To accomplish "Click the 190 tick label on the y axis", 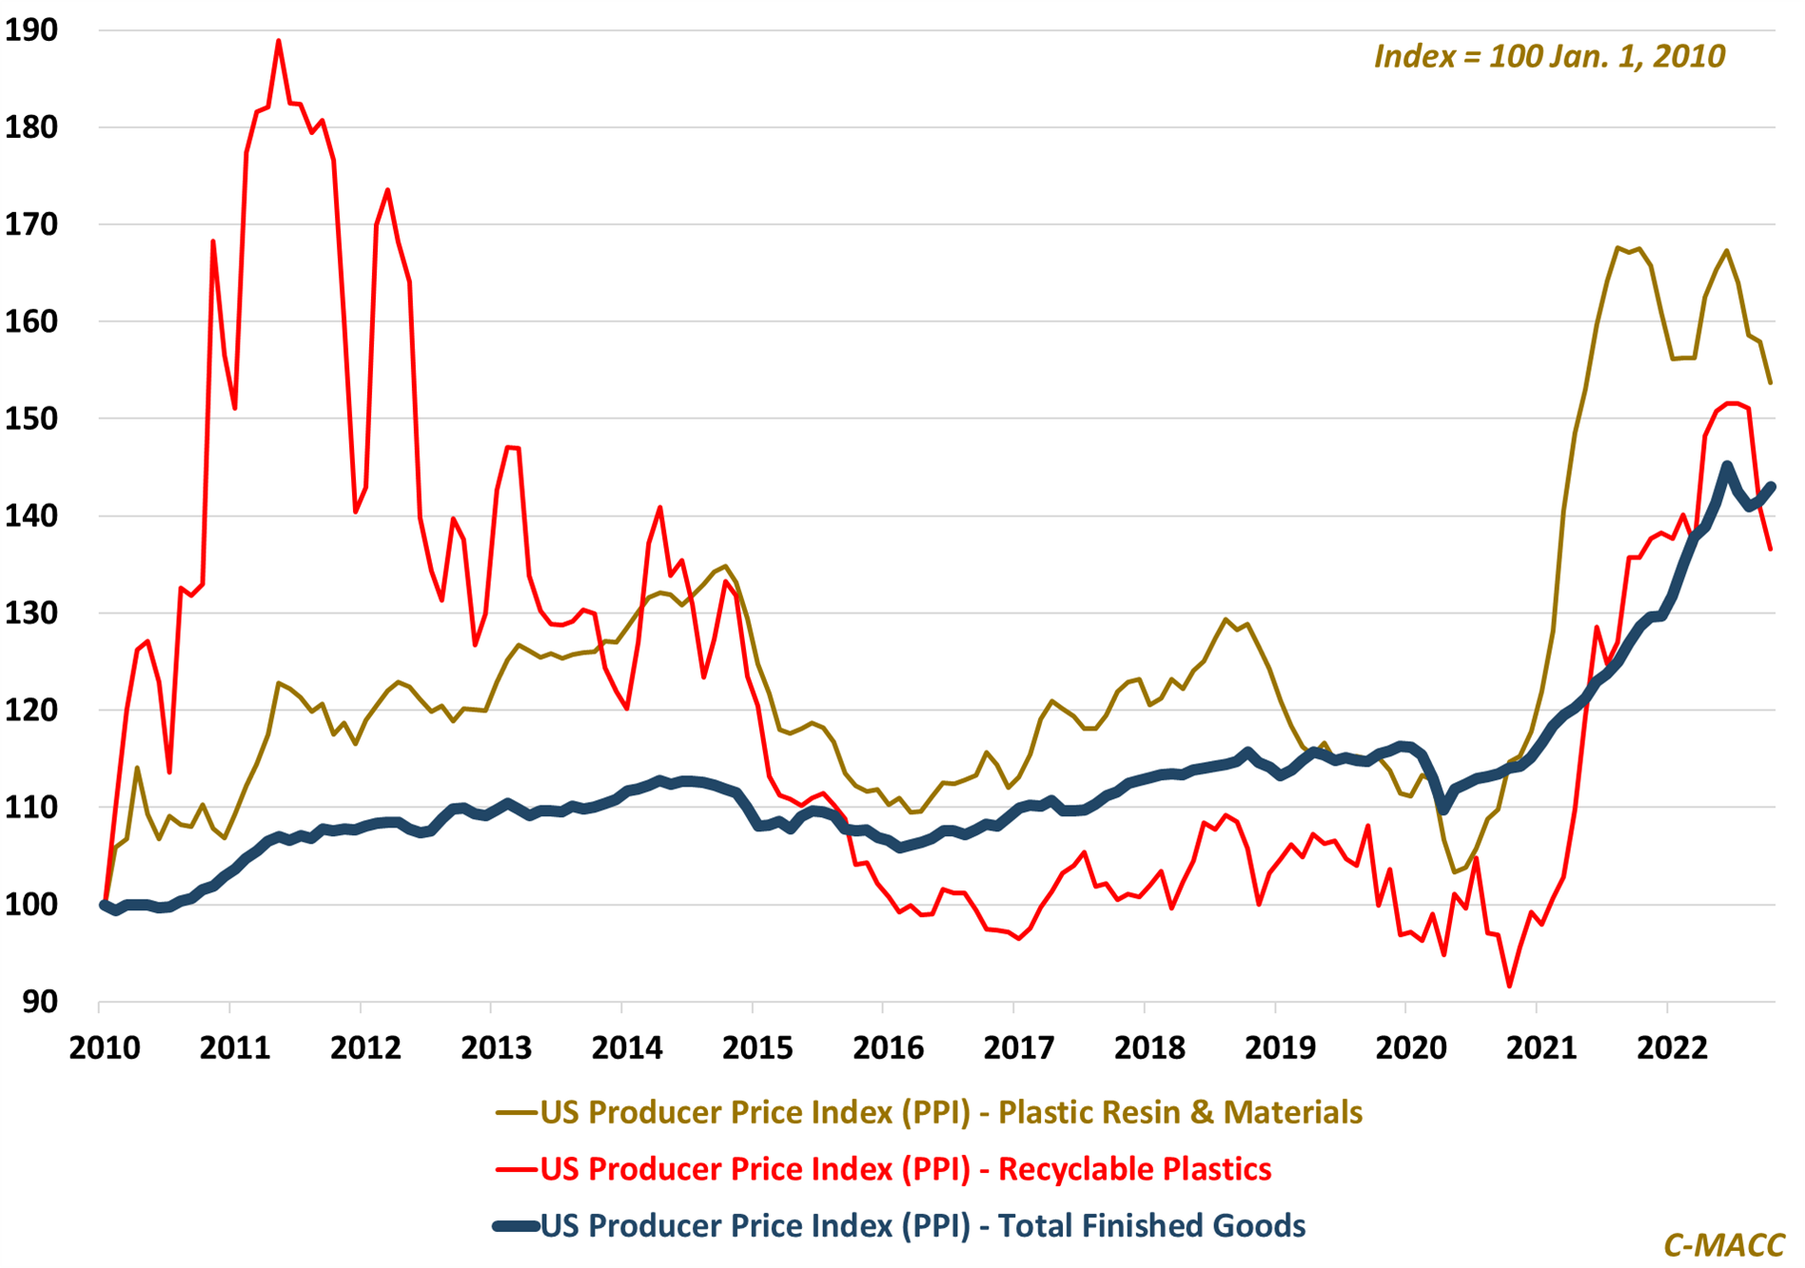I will click(x=30, y=30).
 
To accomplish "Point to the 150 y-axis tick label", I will click(x=30, y=419).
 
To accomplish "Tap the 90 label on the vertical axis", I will click(x=38, y=1002).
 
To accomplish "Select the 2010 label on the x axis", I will click(x=105, y=1048).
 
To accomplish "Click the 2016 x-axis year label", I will click(x=888, y=1048).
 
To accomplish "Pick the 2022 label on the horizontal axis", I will click(x=1672, y=1048).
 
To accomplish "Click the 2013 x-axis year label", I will click(x=496, y=1048).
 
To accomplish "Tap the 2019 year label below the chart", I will click(x=1280, y=1048).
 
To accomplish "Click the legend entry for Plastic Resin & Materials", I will click(x=951, y=1112).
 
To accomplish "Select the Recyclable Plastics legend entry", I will click(x=905, y=1168).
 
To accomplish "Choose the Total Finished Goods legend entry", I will click(x=922, y=1225).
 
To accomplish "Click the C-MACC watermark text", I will click(x=1723, y=1245).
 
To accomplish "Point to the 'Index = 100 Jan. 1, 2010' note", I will click(x=1549, y=56).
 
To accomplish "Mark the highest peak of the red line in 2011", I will click(x=279, y=41).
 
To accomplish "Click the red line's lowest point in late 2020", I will click(x=1509, y=986).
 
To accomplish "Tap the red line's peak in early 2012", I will click(x=387, y=190).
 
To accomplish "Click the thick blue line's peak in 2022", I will click(x=1727, y=466).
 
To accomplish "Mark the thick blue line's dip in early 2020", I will click(x=1444, y=809).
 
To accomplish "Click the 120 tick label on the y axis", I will click(x=30, y=710).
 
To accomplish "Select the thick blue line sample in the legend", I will click(x=516, y=1226).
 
